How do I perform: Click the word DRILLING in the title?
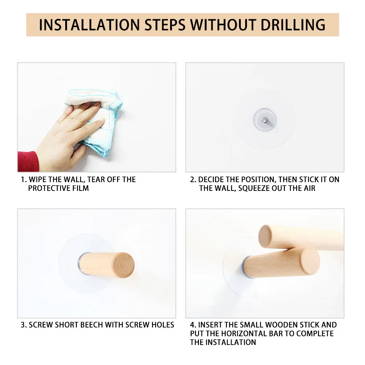tap(293, 25)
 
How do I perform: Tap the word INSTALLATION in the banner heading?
tap(89, 25)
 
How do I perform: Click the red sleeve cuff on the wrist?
tap(28, 161)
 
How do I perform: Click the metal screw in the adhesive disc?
tap(264, 119)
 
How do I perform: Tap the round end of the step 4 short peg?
tap(310, 261)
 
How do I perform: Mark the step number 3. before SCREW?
tap(24, 325)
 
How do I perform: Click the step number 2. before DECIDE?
tap(193, 180)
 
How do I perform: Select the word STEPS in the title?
tap(165, 25)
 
